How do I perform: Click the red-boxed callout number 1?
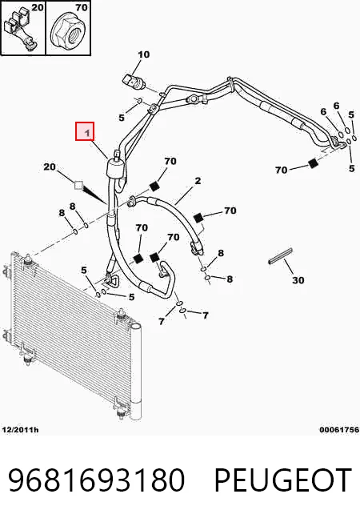click(87, 133)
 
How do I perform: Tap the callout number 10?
click(144, 54)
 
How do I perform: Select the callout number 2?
click(198, 181)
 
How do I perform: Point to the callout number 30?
click(298, 280)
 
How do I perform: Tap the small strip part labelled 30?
click(280, 256)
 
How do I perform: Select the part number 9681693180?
click(96, 480)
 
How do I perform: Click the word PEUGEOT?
click(283, 480)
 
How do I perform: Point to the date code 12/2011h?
click(20, 430)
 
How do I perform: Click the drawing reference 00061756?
click(339, 430)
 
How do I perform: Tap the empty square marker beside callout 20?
click(78, 185)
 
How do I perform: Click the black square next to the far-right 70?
click(313, 163)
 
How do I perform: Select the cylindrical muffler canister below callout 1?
click(114, 167)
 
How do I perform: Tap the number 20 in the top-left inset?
click(38, 7)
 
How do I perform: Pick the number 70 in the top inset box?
click(81, 7)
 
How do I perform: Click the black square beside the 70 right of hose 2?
click(198, 218)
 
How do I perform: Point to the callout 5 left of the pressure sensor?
click(122, 118)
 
